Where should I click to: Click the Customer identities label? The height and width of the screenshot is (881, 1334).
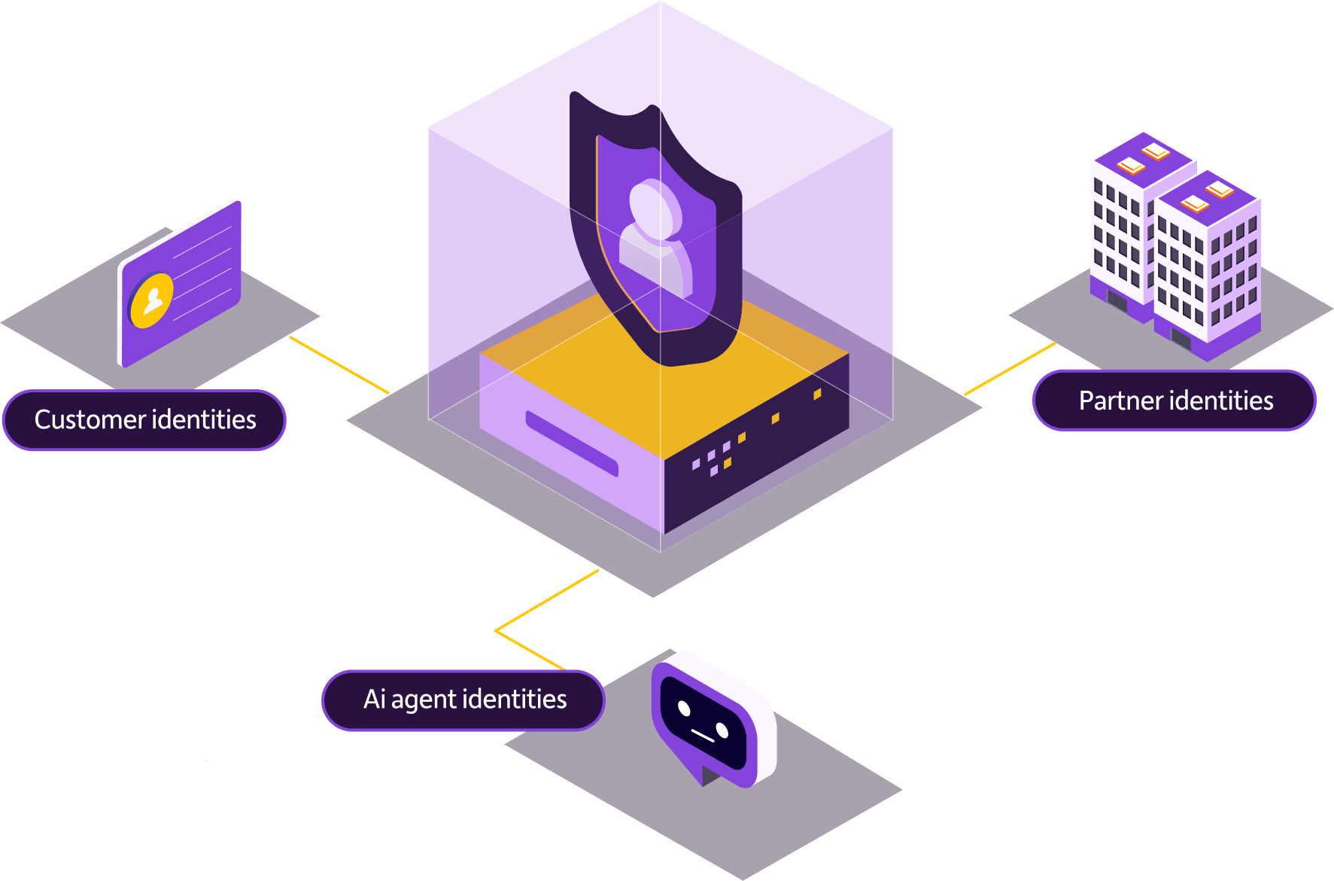(144, 419)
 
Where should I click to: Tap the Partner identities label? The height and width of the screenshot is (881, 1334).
(1174, 401)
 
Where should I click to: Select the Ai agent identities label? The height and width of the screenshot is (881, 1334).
(463, 700)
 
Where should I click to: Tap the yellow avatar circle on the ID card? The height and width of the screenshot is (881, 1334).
(151, 300)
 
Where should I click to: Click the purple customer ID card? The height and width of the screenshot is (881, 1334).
(179, 284)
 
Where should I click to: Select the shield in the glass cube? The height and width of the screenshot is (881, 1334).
(655, 229)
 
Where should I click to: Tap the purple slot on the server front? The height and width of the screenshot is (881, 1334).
(572, 444)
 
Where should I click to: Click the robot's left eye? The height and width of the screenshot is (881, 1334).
(684, 708)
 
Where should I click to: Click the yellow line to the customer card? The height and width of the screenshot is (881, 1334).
(339, 365)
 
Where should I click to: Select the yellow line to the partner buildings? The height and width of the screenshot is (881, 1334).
(1010, 369)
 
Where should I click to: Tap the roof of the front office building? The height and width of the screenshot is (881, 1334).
(1207, 198)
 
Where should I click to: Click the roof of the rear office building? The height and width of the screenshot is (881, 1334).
(1144, 160)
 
